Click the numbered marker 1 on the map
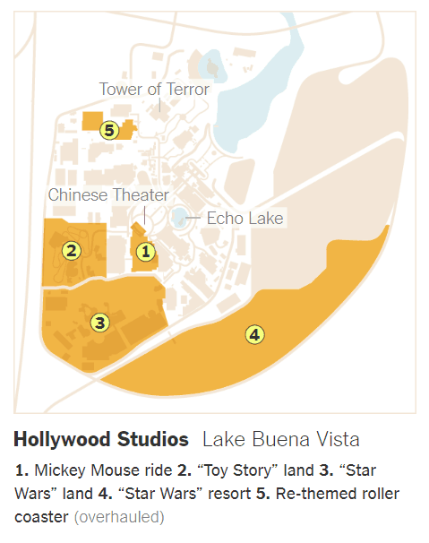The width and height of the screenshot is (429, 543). (x=145, y=253)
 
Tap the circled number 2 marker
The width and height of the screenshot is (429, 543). (x=71, y=250)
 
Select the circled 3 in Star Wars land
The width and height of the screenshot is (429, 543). (x=99, y=321)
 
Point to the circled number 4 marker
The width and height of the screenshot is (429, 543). (x=255, y=334)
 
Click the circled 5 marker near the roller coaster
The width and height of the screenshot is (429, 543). (x=108, y=130)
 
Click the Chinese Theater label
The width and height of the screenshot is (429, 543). (x=108, y=194)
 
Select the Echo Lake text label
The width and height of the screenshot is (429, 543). (x=245, y=218)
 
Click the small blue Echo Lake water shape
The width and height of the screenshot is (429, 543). (x=180, y=217)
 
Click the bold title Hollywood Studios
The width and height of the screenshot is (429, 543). (x=101, y=440)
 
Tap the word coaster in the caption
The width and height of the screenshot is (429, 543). (x=41, y=517)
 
